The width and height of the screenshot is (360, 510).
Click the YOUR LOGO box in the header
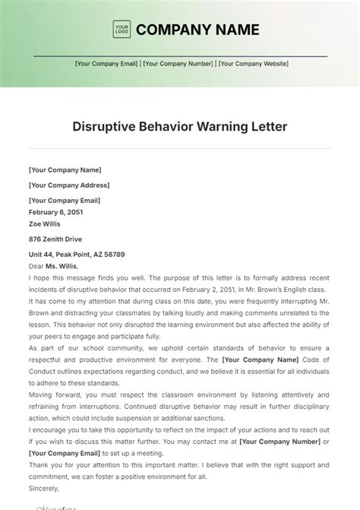(x=122, y=30)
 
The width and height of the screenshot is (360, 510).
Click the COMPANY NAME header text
(x=197, y=30)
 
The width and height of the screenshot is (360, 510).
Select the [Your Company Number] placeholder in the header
(x=179, y=65)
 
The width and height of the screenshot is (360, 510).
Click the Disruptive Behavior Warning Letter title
(x=180, y=125)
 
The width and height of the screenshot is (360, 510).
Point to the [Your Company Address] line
(x=69, y=185)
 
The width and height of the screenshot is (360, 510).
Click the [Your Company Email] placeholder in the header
(x=106, y=65)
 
